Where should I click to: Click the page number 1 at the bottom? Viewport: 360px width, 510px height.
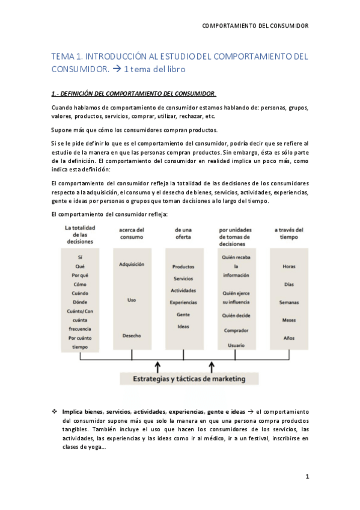coord(307,476)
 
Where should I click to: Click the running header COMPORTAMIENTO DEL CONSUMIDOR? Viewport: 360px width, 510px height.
coord(255,26)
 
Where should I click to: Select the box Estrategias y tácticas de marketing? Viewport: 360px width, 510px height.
coord(188,378)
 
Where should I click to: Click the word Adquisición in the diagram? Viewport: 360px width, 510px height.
coord(132,264)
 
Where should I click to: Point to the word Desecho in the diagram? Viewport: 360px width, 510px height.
coord(132,335)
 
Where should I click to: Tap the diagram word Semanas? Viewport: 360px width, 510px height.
coord(288,302)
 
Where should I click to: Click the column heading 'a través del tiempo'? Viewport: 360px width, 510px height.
coord(289,233)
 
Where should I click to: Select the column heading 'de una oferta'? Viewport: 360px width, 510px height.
coord(183,233)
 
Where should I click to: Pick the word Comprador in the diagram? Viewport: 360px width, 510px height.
coord(236,330)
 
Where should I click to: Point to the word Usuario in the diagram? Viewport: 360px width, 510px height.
coord(236,345)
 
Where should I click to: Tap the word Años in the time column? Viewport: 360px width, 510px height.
coord(288,338)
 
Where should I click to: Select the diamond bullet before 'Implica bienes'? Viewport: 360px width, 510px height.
coord(55,411)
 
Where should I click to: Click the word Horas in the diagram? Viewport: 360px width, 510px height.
coord(288,266)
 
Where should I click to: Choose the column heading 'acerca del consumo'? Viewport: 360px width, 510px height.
coord(132,233)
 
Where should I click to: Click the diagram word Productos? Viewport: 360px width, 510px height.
coord(183,266)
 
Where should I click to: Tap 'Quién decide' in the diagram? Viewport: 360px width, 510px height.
coord(236,315)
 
